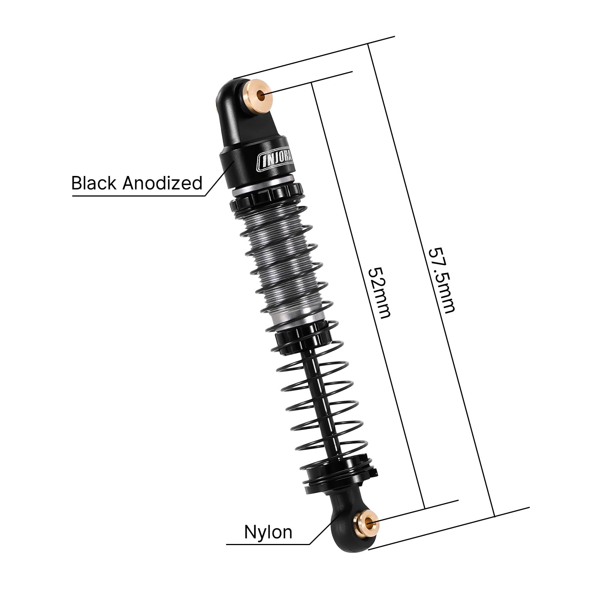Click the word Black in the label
[x=94, y=183]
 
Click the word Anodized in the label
[x=162, y=183]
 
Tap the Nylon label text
[x=268, y=532]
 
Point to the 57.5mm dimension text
[x=442, y=279]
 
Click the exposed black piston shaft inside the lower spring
[x=326, y=404]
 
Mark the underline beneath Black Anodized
[x=139, y=195]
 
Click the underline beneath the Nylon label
[x=268, y=544]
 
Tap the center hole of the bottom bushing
[x=369, y=521]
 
